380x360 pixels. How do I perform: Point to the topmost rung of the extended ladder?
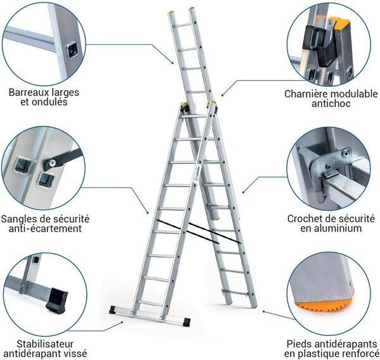(x=182, y=25)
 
